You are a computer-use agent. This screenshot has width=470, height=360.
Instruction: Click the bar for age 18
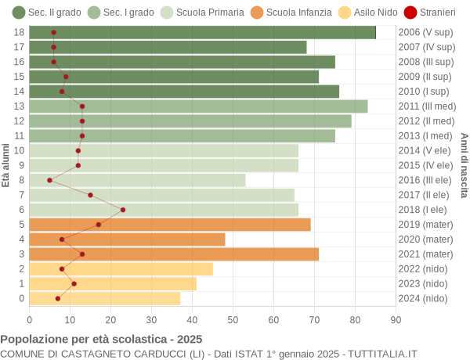coord(202,32)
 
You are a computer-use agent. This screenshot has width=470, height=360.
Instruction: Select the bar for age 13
coord(198,106)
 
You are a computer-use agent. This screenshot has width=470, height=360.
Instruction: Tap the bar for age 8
coord(137,180)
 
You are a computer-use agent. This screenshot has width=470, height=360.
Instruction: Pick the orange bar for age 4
coord(127,239)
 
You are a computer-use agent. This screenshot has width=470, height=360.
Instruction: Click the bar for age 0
coord(104,298)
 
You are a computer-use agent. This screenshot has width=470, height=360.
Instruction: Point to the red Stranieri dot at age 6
coord(123,210)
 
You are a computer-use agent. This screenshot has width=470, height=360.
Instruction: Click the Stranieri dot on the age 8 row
coord(49,180)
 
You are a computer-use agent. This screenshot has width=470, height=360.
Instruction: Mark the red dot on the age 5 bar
coord(99,225)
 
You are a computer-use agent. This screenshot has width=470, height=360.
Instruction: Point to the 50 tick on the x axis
coord(233,319)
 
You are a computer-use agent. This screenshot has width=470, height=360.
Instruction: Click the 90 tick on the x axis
coord(396,319)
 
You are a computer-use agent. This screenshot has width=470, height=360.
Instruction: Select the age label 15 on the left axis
coord(20,77)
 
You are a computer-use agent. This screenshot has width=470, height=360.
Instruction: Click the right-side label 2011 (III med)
coord(426,106)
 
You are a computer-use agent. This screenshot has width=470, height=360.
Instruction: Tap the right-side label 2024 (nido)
coord(423,298)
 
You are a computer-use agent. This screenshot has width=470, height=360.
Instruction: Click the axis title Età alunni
coord(6,165)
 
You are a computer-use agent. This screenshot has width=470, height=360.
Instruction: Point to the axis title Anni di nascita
coord(464,165)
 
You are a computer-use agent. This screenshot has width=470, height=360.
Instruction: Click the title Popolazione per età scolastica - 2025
coord(101,340)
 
